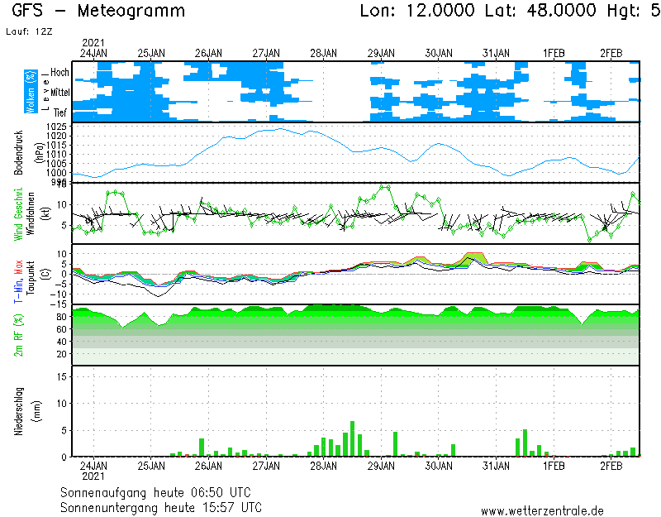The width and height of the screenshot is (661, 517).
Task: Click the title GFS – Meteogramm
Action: [x=98, y=12]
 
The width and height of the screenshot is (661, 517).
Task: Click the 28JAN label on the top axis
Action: [x=323, y=53]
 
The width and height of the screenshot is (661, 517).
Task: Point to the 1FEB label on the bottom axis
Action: [x=554, y=467]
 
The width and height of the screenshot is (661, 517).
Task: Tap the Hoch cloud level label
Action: [x=59, y=73]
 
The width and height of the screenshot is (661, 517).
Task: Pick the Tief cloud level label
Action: [x=60, y=111]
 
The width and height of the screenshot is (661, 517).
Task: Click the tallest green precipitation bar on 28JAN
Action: [x=352, y=438]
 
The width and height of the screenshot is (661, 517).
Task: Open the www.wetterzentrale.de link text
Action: [x=542, y=510]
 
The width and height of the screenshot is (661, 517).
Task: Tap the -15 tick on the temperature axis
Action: [x=59, y=304]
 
